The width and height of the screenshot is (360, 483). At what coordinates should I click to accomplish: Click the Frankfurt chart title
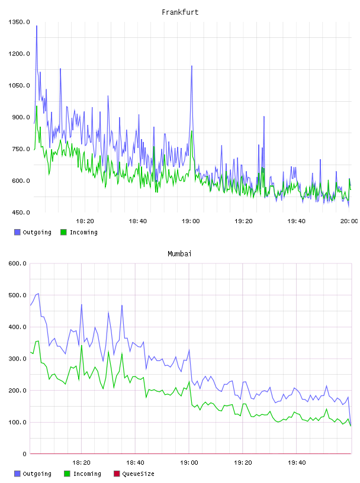pos(180,12)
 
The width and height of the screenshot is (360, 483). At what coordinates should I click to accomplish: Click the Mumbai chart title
pos(179,254)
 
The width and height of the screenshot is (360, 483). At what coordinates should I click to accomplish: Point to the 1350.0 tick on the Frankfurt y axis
pos(19,22)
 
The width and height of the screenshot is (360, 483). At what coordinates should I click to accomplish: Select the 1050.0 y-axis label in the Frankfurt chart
pos(19,85)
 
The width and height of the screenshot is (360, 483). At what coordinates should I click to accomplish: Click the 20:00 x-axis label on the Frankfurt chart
pos(349,221)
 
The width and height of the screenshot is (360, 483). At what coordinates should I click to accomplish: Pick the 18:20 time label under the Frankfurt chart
pos(85,221)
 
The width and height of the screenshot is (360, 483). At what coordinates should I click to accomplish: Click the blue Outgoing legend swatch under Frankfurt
pos(17,232)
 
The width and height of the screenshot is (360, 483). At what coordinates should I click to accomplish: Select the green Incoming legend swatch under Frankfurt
pos(63,232)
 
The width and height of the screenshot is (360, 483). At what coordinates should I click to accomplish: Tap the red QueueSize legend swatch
pos(117,474)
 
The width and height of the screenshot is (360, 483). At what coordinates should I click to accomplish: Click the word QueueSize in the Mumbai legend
pos(138,474)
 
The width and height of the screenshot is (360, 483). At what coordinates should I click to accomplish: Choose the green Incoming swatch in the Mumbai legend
pos(67,474)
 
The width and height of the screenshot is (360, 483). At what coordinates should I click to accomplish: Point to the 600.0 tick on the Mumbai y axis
pos(18,263)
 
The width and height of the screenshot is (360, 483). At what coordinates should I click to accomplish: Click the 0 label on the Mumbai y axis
pos(25,454)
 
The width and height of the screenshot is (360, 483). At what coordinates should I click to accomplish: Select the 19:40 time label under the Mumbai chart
pos(297,462)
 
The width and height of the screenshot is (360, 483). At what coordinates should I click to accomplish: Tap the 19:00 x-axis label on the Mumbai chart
pos(189,462)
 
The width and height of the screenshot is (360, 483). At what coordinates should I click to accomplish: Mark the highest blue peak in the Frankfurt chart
pos(37,26)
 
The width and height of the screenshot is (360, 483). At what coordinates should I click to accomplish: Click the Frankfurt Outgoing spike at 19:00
pos(192,66)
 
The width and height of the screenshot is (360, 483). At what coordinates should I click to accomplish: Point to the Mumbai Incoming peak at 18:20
pos(82,345)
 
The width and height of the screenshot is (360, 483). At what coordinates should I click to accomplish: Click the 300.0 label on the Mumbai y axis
pos(18,359)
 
